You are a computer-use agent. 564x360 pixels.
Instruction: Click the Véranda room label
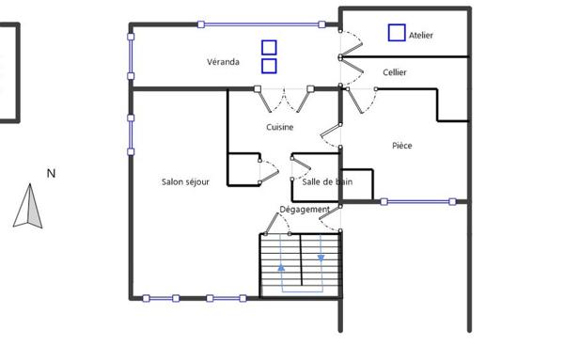coord(223,62)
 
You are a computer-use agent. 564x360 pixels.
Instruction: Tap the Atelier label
coord(421,35)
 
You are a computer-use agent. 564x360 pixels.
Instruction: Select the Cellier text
coord(395,72)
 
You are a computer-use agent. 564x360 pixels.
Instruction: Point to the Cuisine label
coord(280,127)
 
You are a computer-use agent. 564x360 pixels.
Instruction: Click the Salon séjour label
coord(185,182)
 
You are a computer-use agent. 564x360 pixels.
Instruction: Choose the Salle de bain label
coord(327,182)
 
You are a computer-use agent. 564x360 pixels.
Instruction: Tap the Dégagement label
coord(305,210)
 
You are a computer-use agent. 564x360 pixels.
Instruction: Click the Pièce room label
coord(402,146)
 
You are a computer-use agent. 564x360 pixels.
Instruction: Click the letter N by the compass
coord(51,174)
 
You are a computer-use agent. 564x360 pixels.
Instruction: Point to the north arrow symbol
coord(28,206)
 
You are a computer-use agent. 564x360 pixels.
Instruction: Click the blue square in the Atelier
coord(397,33)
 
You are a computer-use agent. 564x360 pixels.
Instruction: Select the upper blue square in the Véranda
coord(269,48)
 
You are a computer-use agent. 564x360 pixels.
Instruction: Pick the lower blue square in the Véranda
coord(269,66)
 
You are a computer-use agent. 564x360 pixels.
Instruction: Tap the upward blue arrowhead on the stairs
coord(281,268)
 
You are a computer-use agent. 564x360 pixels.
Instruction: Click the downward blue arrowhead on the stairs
coord(321,258)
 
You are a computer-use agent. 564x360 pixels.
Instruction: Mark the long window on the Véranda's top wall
coord(261,24)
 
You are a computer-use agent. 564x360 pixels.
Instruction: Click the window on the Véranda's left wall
coord(131,56)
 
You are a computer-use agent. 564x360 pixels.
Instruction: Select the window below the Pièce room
coord(418,202)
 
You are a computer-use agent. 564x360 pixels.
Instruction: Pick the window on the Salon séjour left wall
coord(131,134)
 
